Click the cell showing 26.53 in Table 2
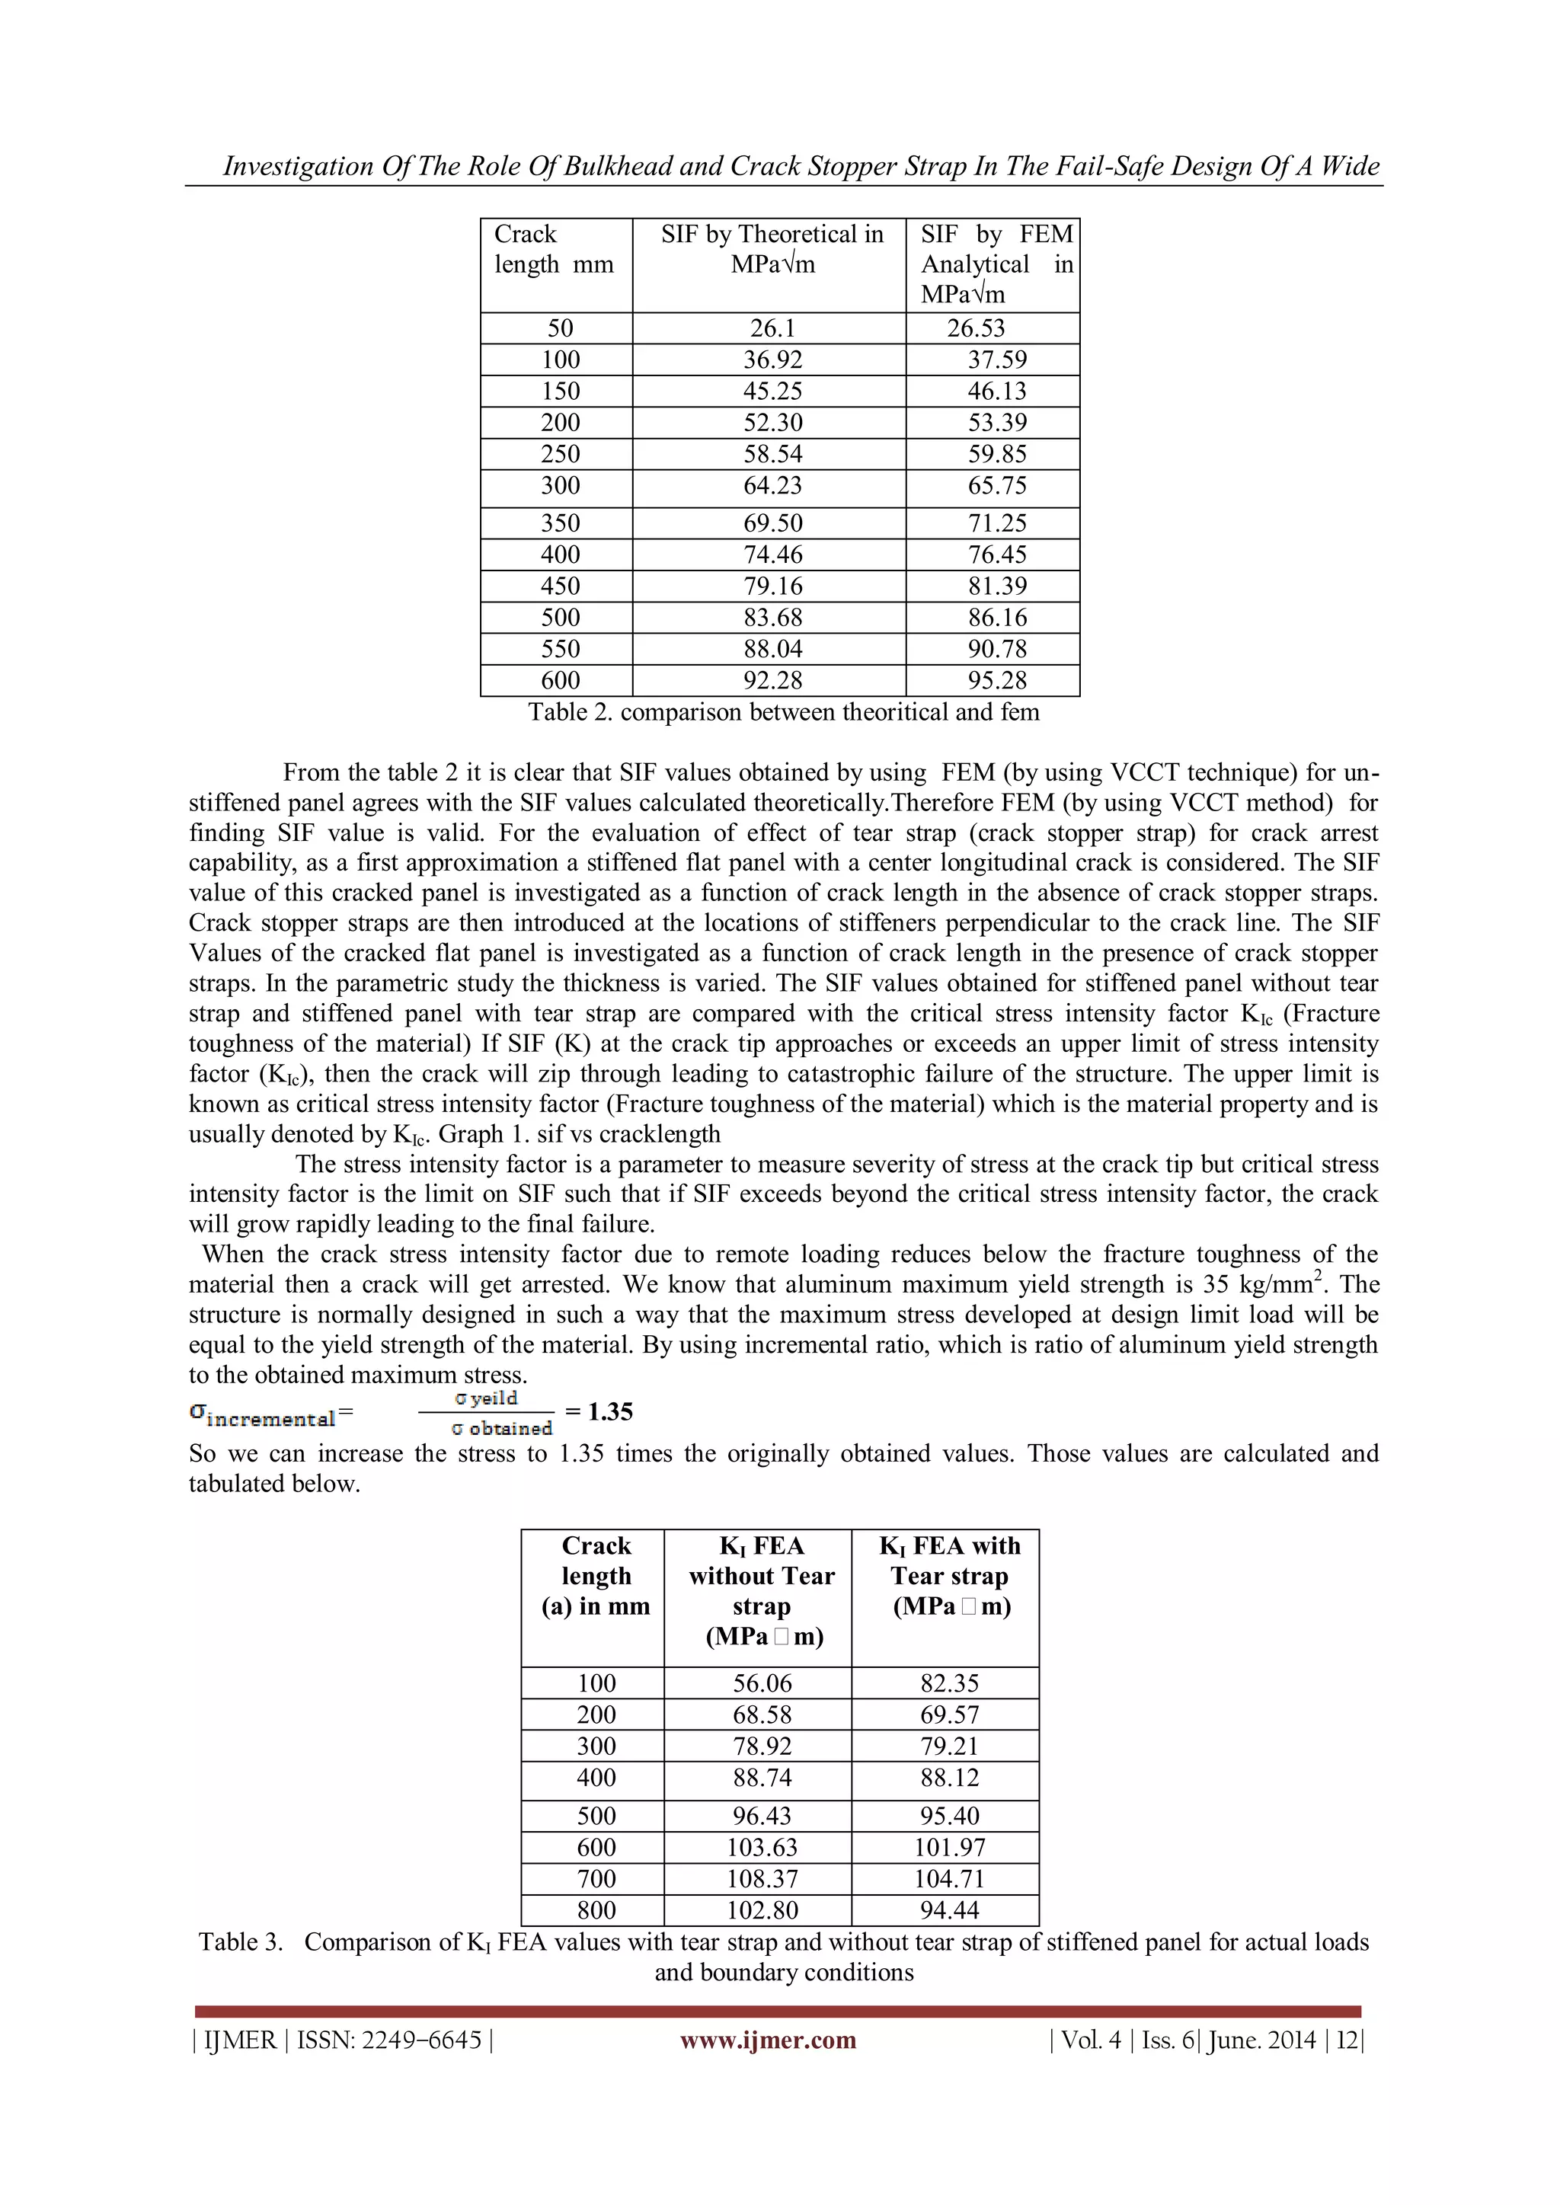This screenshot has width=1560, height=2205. [x=976, y=328]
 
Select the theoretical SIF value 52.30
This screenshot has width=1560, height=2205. [x=772, y=423]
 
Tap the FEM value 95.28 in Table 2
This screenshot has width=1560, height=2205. [x=996, y=681]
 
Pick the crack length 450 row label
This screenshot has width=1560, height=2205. [x=560, y=586]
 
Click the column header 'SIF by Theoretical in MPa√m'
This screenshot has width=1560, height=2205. [x=772, y=250]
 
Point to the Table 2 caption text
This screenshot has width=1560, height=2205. [x=783, y=713]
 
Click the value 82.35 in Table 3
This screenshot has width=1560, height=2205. [x=949, y=1683]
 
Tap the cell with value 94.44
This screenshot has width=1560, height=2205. [x=949, y=1910]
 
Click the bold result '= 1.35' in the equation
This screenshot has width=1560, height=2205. [x=599, y=1412]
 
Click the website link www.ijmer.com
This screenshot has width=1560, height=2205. [x=768, y=2040]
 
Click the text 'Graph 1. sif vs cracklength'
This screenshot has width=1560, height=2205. [x=579, y=1134]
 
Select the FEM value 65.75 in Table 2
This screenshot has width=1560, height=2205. [x=996, y=486]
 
